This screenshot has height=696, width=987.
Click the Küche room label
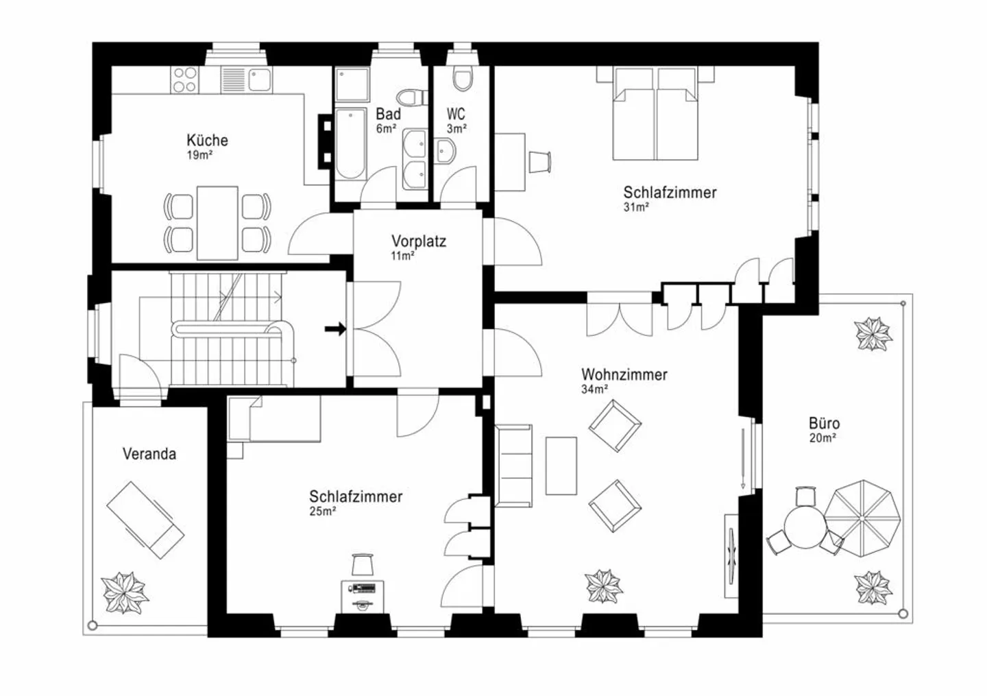point(207,141)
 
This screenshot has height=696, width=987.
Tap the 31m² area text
point(636,207)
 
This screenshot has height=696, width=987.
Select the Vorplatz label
point(419,241)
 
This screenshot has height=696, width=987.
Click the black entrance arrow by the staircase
point(335,329)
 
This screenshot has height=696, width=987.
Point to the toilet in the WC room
point(462,78)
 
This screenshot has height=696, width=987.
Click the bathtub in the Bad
point(351,144)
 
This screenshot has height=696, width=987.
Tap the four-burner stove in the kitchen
point(185,80)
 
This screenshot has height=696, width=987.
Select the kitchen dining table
point(218,223)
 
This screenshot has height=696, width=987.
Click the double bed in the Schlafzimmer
point(656,113)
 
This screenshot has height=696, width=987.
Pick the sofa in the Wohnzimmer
point(514,466)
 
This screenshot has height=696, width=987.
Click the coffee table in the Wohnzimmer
point(561,466)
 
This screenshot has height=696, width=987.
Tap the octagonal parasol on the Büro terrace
point(862,518)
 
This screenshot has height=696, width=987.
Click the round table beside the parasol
point(805,527)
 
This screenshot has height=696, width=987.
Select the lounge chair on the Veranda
point(145,520)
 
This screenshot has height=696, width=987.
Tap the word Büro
point(824,424)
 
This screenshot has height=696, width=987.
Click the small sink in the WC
point(445,151)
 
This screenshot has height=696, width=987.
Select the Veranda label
point(149,454)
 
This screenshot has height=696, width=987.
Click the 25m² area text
point(323,512)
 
